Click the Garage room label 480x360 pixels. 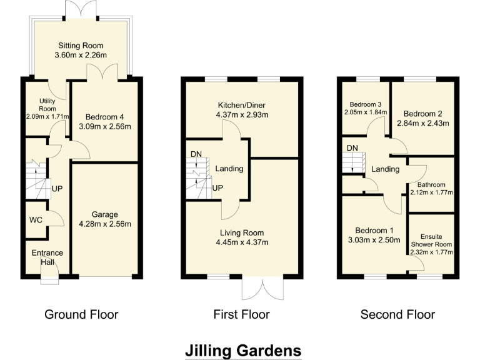point(104,214)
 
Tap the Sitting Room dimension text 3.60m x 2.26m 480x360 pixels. point(81,56)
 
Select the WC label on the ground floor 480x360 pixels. point(36,220)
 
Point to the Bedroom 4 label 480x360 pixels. point(104,117)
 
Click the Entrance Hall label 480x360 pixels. point(47,257)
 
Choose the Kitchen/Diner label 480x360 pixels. point(241,104)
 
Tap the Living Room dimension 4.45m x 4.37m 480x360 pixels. point(242,242)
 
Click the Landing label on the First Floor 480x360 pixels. point(229,169)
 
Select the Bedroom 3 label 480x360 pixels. point(365,104)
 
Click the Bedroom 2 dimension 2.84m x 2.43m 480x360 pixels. point(423,123)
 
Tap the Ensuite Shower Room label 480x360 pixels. point(431,240)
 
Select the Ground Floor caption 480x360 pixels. point(81,314)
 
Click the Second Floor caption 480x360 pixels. point(397,314)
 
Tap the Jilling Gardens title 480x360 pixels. point(243,350)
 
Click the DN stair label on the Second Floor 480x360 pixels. point(352,148)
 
